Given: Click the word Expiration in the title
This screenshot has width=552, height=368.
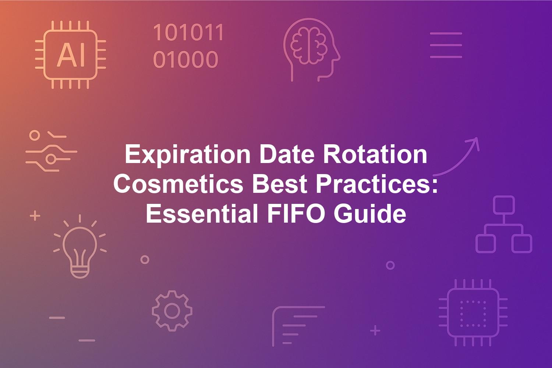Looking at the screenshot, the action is pos(188,155).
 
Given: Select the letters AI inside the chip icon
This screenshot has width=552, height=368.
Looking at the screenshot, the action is pos(71,55).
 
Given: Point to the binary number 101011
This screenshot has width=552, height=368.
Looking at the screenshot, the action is pos(189,32).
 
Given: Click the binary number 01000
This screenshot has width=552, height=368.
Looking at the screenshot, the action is pos(185,59).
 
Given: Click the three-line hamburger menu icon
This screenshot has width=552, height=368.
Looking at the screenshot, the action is pos(446,45).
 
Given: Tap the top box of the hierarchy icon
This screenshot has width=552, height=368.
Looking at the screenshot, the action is pos(504,205).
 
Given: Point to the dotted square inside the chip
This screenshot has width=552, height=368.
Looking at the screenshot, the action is pos(473,314).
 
